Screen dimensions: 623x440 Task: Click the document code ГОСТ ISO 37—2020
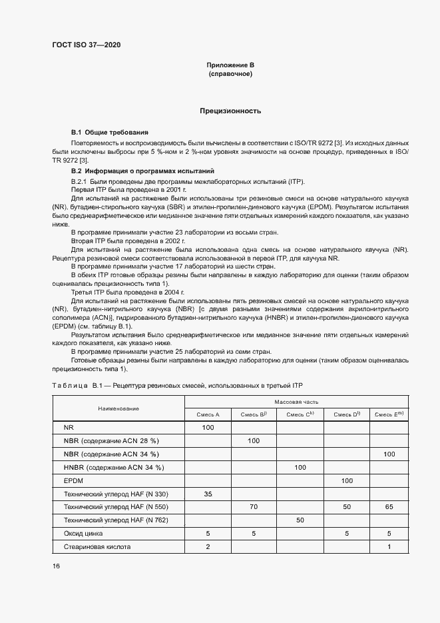click(x=87, y=45)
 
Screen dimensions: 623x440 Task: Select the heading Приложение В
click(x=230, y=65)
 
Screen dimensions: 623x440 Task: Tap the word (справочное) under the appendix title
click(x=230, y=74)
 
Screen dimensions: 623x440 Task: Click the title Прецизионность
click(x=230, y=111)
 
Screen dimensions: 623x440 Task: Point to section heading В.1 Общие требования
click(x=110, y=133)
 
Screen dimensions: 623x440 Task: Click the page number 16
click(x=56, y=566)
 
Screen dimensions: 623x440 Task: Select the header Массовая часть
click(x=296, y=402)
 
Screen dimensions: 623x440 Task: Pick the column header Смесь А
click(x=208, y=414)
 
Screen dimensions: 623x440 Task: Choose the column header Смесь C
click(x=300, y=414)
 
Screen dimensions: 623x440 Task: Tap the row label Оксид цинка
click(x=83, y=534)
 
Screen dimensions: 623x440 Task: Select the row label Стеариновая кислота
click(x=97, y=547)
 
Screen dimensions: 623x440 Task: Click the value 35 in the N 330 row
click(x=208, y=494)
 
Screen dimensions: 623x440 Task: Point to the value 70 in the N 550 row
click(x=254, y=507)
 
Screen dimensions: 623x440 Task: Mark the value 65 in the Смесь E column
click(x=389, y=507)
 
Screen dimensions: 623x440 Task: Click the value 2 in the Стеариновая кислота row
click(x=208, y=547)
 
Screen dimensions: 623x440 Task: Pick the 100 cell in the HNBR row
click(x=300, y=467)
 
